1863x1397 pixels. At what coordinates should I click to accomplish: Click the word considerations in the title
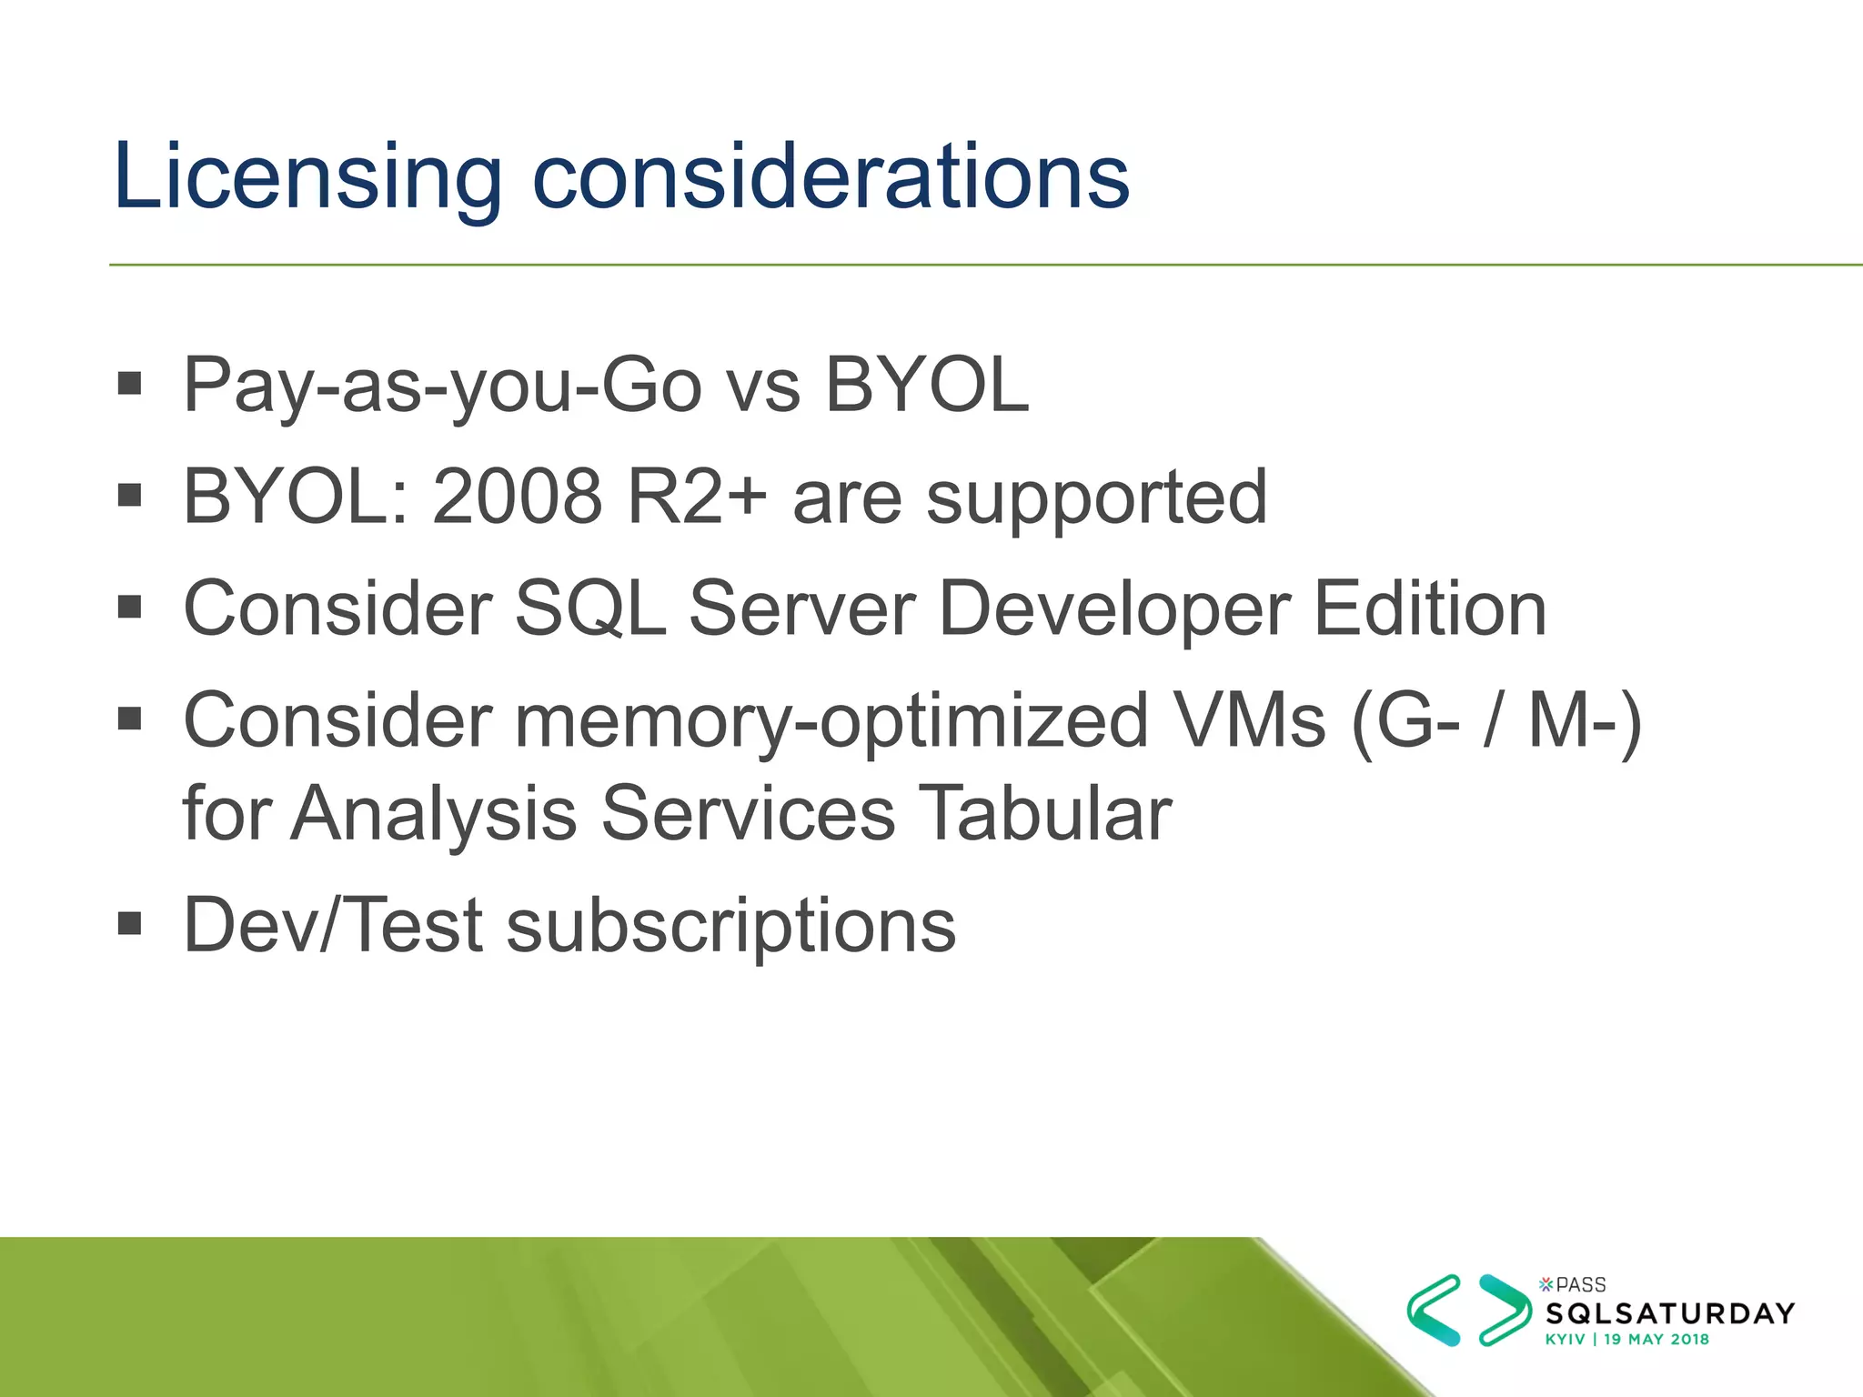coord(831,177)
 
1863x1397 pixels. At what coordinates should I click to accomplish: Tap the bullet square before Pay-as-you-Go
coord(130,383)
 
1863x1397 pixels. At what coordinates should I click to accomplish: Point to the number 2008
coord(517,497)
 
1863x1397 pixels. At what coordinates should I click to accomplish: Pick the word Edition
coord(1430,609)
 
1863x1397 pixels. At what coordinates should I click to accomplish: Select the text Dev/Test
coord(333,926)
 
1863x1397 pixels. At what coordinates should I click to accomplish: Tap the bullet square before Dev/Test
coord(130,924)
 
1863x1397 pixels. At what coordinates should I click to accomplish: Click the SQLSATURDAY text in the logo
coord(1670,1313)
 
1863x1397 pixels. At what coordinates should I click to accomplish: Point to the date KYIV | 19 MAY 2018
coord(1627,1339)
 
